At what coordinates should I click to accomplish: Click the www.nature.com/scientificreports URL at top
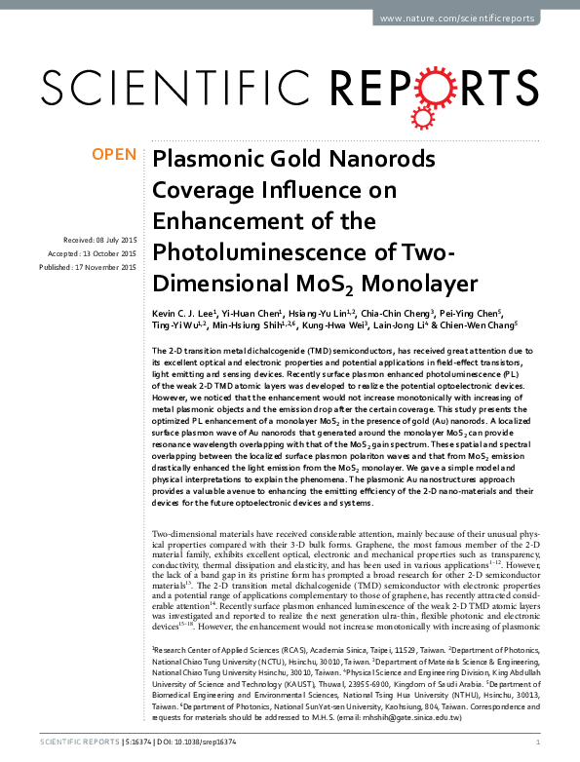(457, 19)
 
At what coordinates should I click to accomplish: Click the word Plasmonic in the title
(203, 160)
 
